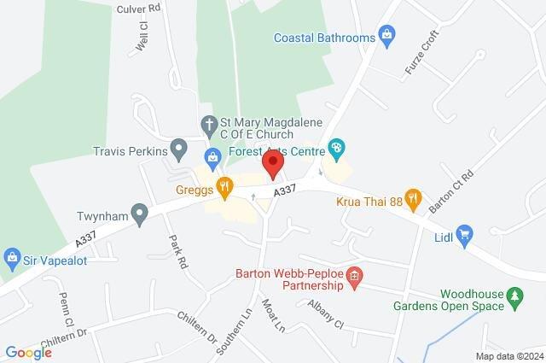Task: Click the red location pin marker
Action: tap(273, 163)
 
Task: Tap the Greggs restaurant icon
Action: tap(224, 185)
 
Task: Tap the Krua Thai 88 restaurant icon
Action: tap(413, 198)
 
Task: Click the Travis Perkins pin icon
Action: tap(178, 151)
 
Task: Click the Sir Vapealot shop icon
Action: tap(12, 255)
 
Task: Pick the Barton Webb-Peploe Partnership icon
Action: tap(356, 276)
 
